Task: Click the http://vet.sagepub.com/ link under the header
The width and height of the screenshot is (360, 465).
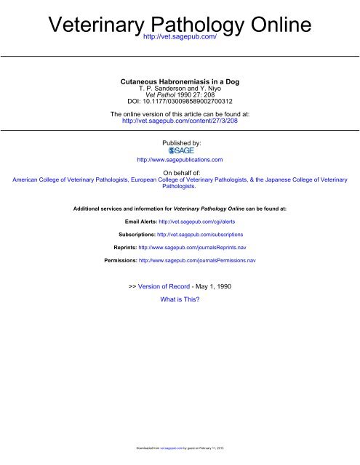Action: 180,36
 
